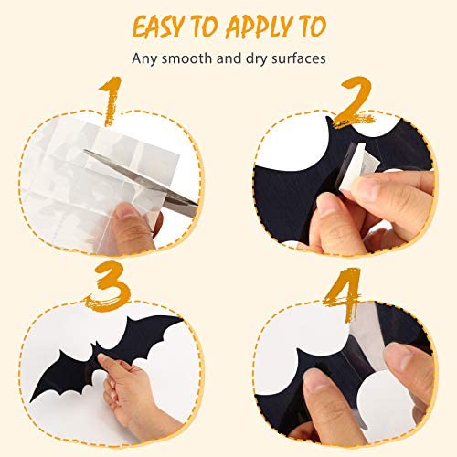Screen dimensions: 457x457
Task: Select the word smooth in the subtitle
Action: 186,58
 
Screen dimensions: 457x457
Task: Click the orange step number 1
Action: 111,101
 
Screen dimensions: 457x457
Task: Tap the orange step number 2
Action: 354,102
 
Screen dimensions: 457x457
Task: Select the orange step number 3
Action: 108,286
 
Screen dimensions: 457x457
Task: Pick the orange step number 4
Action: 344,293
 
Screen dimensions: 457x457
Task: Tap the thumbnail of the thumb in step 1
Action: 126,210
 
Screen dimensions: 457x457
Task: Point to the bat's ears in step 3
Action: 94,345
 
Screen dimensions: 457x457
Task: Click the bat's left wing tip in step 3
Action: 32,399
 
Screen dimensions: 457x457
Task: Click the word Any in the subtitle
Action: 144,58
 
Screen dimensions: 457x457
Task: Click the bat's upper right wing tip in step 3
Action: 180,319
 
